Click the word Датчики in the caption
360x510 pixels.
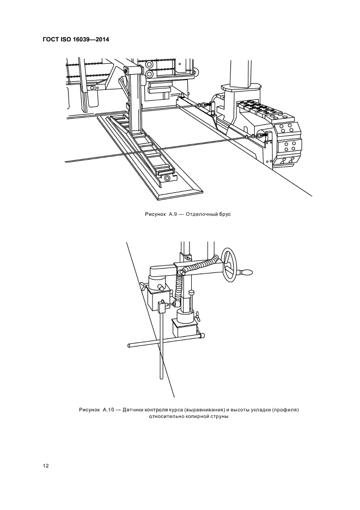click(x=135, y=409)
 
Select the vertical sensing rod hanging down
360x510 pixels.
click(x=161, y=349)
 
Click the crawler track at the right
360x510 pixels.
click(x=286, y=142)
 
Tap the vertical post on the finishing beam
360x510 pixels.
click(x=135, y=104)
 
